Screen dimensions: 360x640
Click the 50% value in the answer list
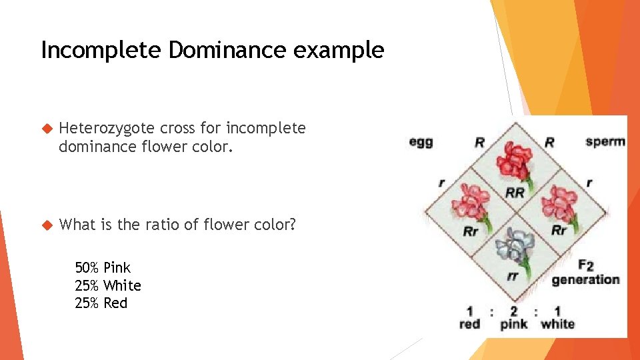pyautogui.click(x=87, y=268)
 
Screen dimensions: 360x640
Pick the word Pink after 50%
pyautogui.click(x=117, y=268)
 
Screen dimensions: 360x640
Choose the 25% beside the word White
pyautogui.click(x=87, y=286)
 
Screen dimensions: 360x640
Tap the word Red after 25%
pyautogui.click(x=115, y=303)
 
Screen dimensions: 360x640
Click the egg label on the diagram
pyautogui.click(x=421, y=142)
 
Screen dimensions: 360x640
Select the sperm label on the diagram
pyautogui.click(x=605, y=141)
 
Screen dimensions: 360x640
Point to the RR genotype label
pyautogui.click(x=515, y=193)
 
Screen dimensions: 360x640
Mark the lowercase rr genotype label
pyautogui.click(x=513, y=277)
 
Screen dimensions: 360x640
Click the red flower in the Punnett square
pyautogui.click(x=514, y=160)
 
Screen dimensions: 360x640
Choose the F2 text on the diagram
pyautogui.click(x=585, y=265)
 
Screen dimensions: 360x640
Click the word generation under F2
pyautogui.click(x=585, y=279)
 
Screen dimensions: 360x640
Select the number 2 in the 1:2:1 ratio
pyautogui.click(x=513, y=311)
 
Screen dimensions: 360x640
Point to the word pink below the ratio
pyautogui.click(x=513, y=325)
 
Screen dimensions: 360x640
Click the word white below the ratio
pyautogui.click(x=557, y=325)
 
